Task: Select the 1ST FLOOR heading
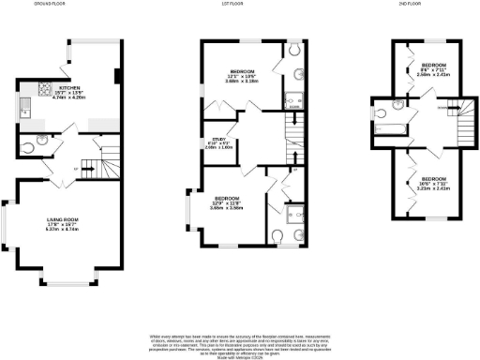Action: (x=246, y=5)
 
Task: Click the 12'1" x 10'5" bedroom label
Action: (x=245, y=76)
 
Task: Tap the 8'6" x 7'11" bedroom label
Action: (x=434, y=68)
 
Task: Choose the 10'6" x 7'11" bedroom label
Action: (x=434, y=183)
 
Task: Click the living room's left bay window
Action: (x=7, y=224)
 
